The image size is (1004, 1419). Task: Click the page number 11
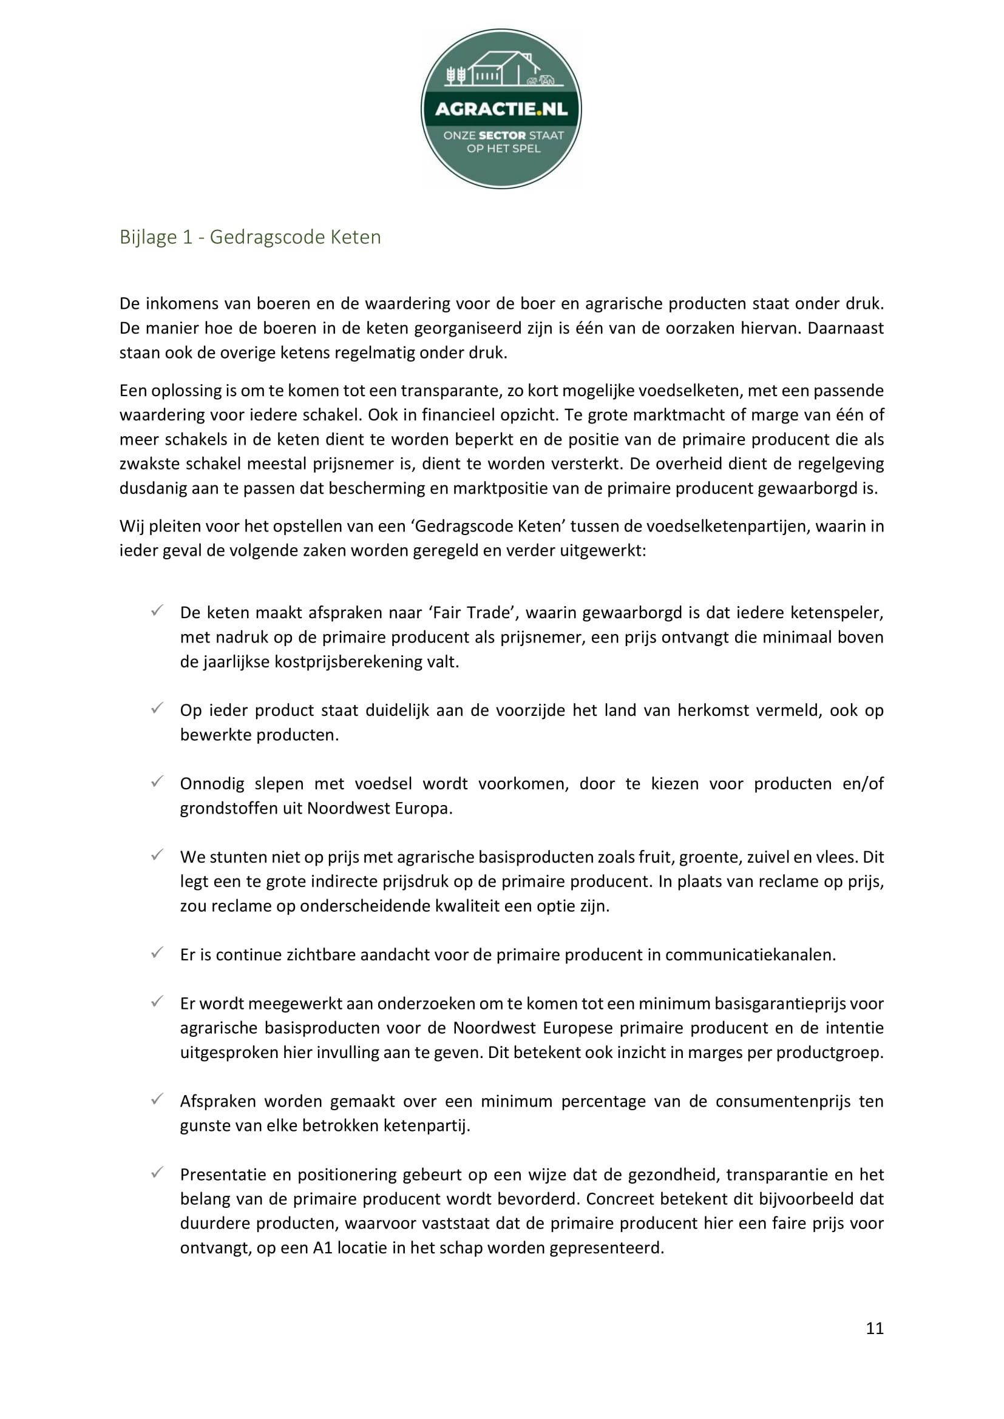pyautogui.click(x=874, y=1328)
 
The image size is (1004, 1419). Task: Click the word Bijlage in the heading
pyautogui.click(x=148, y=237)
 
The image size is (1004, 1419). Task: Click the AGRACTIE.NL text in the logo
pyautogui.click(x=501, y=109)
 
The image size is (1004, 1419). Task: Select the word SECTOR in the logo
pyautogui.click(x=502, y=135)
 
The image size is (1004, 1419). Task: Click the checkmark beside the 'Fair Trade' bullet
pyautogui.click(x=157, y=611)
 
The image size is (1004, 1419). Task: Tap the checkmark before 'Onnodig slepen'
pyautogui.click(x=157, y=782)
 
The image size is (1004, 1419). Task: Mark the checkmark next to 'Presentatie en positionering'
pyautogui.click(x=157, y=1173)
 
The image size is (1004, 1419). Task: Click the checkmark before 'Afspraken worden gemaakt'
pyautogui.click(x=157, y=1099)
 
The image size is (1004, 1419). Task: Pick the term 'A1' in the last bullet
pyautogui.click(x=323, y=1248)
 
